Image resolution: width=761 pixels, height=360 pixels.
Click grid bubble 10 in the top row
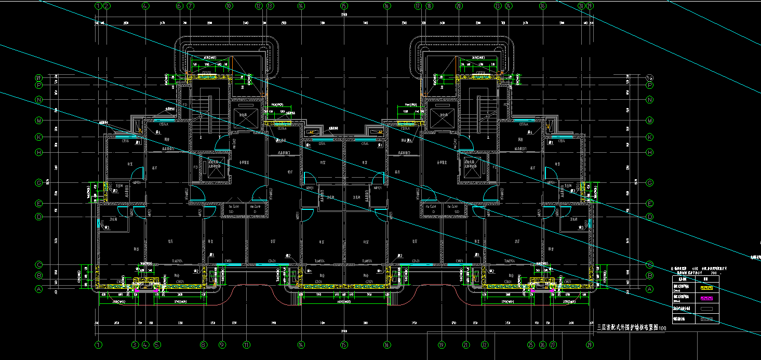(x=229, y=6)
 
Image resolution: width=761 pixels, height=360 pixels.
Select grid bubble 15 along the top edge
(x=343, y=6)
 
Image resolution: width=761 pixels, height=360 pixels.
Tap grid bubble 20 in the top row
(x=459, y=6)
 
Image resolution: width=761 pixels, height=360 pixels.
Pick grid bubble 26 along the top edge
(x=542, y=6)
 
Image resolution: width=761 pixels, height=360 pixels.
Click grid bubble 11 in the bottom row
(x=246, y=344)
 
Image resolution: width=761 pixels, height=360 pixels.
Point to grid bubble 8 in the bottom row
(x=204, y=344)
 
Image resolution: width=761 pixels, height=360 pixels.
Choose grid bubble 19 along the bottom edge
(x=442, y=344)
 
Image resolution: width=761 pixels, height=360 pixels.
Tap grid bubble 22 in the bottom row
(x=484, y=344)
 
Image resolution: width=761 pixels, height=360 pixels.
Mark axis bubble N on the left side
(x=38, y=99)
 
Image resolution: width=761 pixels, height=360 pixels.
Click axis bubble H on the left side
(x=38, y=152)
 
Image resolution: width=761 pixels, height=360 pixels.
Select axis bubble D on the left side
(x=38, y=217)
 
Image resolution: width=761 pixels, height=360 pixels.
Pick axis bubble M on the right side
(x=649, y=121)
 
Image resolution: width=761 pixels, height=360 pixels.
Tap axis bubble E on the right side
(x=649, y=204)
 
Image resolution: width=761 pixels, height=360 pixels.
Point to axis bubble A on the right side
(x=649, y=288)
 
